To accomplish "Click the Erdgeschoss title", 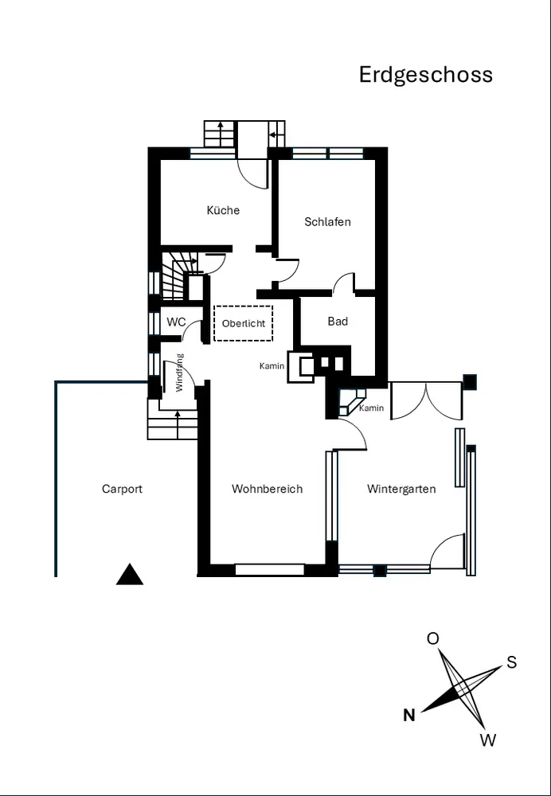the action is [x=425, y=75].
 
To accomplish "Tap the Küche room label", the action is [x=223, y=209].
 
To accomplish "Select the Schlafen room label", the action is [x=327, y=222].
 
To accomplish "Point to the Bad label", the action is [x=338, y=322].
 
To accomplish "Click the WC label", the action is [x=176, y=322].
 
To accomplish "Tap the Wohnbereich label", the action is [x=267, y=489].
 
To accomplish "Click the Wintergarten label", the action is [x=401, y=489].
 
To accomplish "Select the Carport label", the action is [x=122, y=489].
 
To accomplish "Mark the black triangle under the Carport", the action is [x=130, y=576].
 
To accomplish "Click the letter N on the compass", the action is [x=409, y=716].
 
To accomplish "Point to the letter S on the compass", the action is [x=511, y=662].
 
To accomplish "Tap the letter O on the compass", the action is [x=432, y=638].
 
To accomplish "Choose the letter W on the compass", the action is [x=487, y=740].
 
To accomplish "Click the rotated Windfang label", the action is [x=179, y=373].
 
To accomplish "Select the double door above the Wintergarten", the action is [x=427, y=401].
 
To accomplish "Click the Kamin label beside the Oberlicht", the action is [x=272, y=366].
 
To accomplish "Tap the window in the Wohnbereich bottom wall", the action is [x=270, y=570].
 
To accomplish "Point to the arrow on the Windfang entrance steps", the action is [x=178, y=424].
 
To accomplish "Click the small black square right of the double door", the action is [x=470, y=382].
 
